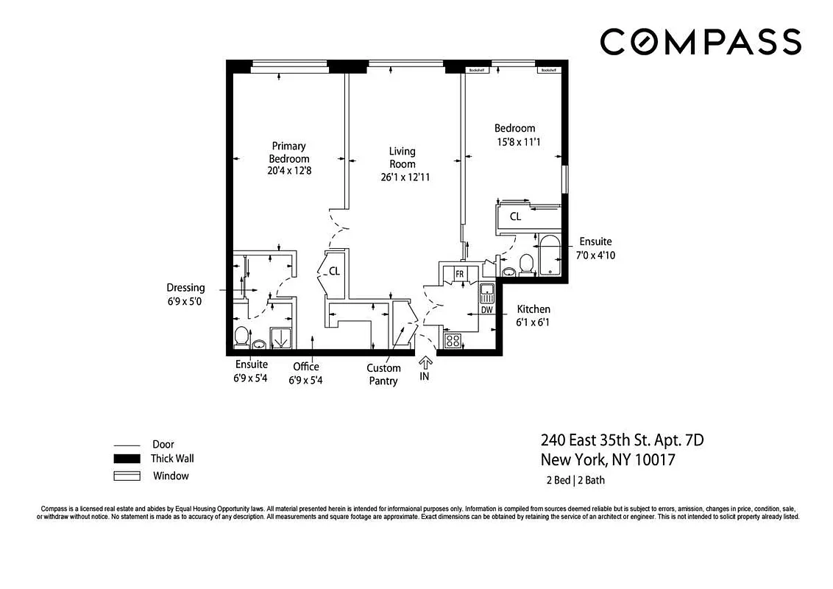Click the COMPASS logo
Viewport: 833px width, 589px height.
point(700,42)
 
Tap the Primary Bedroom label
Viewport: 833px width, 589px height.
point(288,152)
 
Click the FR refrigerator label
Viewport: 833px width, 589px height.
point(459,274)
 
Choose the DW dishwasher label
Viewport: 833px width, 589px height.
point(486,310)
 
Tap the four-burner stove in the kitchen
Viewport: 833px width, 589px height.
point(453,340)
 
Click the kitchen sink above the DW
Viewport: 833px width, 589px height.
point(486,294)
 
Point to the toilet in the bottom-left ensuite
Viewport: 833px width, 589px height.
point(241,336)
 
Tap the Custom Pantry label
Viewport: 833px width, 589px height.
point(383,374)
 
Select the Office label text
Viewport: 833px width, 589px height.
point(305,367)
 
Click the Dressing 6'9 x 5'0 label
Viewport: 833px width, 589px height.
point(185,294)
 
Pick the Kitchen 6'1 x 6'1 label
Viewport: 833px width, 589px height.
point(534,315)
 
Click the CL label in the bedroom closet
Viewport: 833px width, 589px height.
point(515,216)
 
